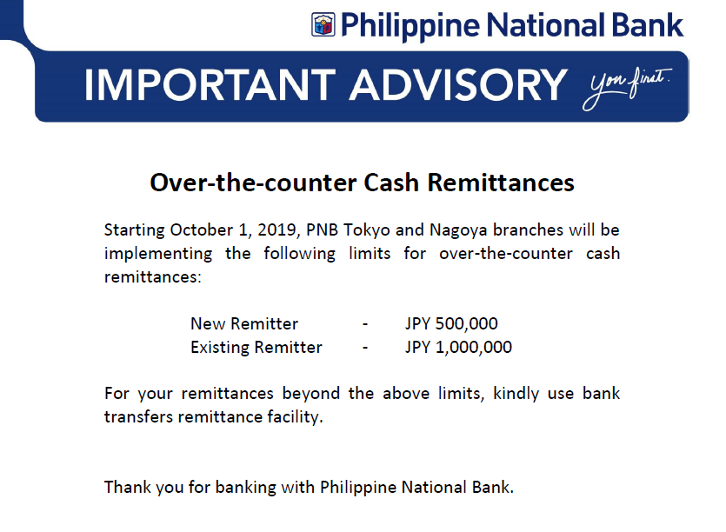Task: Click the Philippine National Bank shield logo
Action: point(323,24)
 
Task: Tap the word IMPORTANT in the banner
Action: point(210,84)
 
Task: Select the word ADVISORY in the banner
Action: point(458,84)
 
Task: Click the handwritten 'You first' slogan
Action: point(627,88)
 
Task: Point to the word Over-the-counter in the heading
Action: point(254,183)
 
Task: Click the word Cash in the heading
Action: point(391,183)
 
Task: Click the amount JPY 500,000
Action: point(451,323)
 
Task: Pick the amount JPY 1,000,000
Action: point(458,347)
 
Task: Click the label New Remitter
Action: point(244,323)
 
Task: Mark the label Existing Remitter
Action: point(256,347)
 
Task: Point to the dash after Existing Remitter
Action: point(365,348)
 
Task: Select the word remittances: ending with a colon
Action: point(153,277)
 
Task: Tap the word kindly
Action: point(516,394)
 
